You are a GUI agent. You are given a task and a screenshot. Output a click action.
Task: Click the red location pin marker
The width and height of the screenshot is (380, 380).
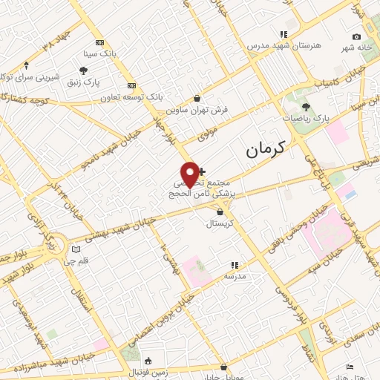[190, 174]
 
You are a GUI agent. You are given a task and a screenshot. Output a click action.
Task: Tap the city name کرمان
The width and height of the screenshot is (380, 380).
[264, 150]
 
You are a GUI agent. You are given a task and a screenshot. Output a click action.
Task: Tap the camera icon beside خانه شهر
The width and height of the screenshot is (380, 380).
[357, 37]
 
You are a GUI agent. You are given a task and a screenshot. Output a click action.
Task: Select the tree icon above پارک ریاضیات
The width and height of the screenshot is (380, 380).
[306, 107]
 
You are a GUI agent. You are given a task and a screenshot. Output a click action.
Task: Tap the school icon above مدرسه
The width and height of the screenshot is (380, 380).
[235, 264]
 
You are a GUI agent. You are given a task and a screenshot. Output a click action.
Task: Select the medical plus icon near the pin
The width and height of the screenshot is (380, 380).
[202, 171]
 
